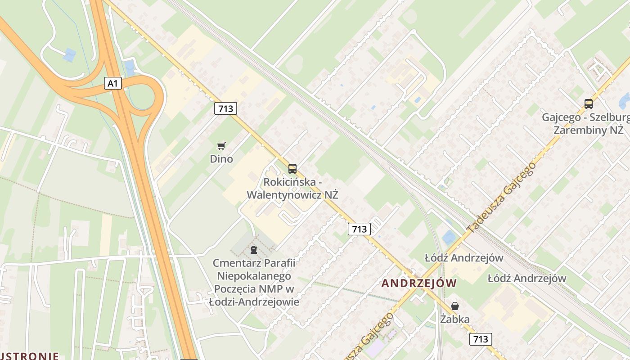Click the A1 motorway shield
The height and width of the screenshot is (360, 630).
113,83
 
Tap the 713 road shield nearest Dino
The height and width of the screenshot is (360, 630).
225,108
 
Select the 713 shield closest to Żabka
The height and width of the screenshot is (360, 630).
480,339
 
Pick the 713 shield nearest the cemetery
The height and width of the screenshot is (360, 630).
359,229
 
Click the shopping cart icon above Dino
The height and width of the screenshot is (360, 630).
221,146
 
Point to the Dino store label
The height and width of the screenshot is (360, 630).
221,159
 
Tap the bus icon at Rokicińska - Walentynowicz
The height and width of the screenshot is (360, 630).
292,169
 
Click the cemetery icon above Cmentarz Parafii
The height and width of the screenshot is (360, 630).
254,249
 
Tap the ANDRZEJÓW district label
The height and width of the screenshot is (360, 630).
419,283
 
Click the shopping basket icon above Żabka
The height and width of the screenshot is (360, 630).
455,306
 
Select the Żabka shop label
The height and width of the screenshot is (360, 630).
455,319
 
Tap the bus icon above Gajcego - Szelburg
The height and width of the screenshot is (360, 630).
588,104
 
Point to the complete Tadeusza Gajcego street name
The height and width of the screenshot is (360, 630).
502,198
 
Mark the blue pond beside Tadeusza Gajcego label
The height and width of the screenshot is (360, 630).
449,237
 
